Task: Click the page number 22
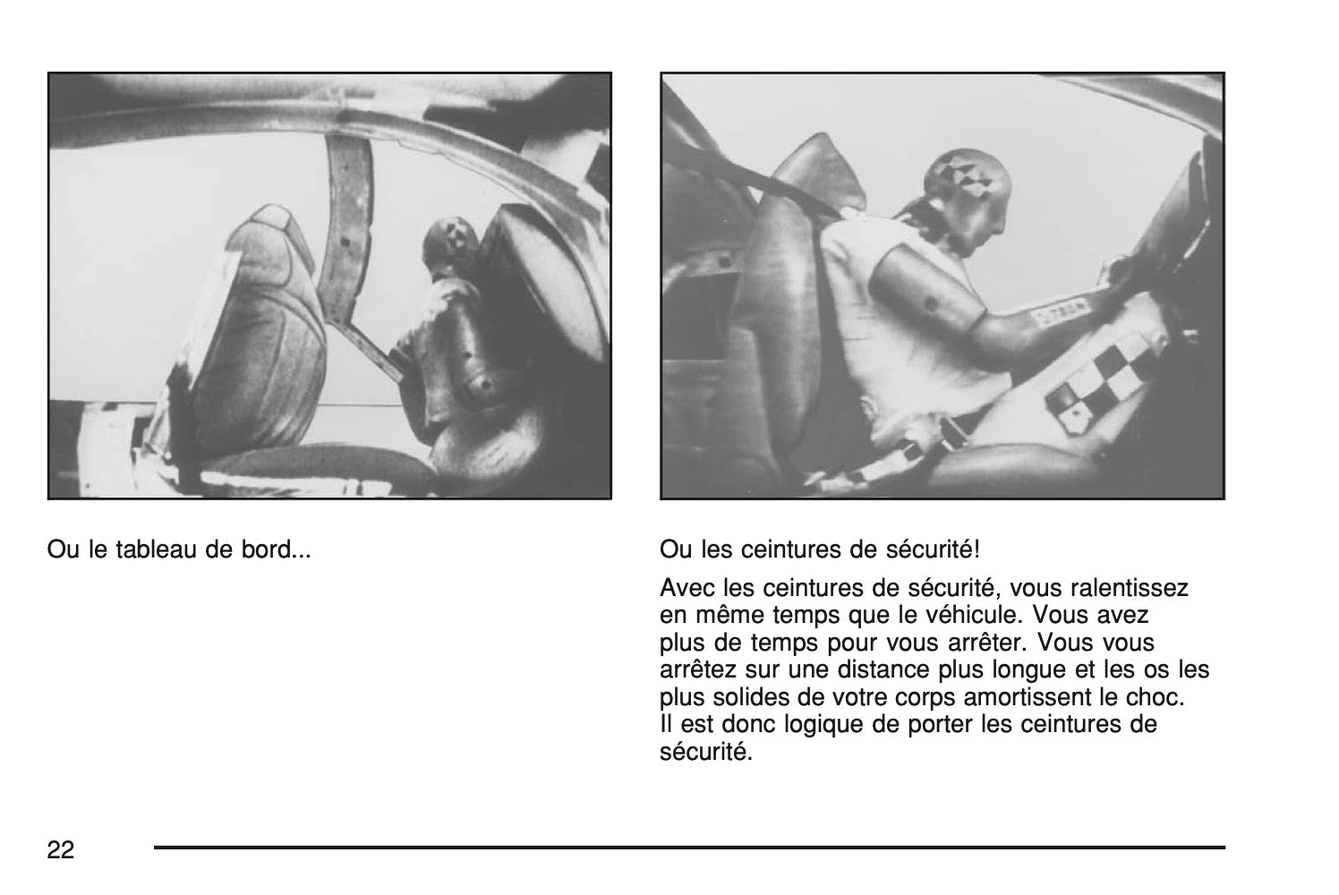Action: (60, 849)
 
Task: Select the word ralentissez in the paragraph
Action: (1130, 588)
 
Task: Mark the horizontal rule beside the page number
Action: (690, 848)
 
